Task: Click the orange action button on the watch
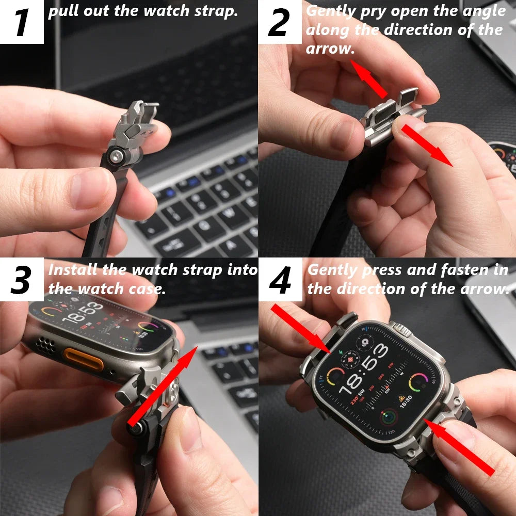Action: pyautogui.click(x=83, y=359)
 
